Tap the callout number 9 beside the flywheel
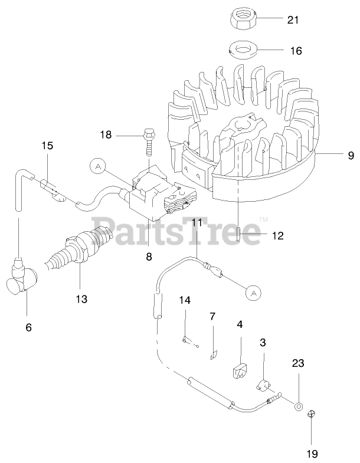click(351, 155)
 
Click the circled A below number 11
click(252, 292)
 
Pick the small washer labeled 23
click(299, 407)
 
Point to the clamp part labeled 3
click(264, 386)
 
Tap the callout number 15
click(47, 145)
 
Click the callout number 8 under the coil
click(149, 257)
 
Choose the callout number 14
click(185, 300)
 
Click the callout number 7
click(212, 317)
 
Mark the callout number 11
click(197, 222)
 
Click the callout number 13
click(81, 299)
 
